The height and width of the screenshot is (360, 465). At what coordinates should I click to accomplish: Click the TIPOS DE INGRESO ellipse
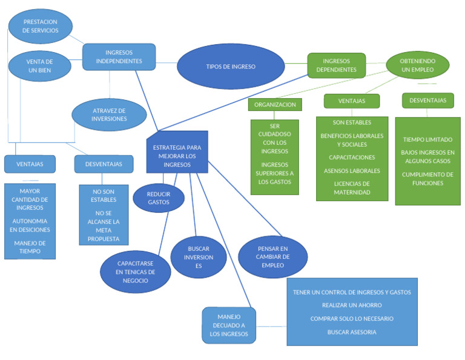(x=230, y=67)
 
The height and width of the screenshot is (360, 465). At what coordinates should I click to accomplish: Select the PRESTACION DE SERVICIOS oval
(x=41, y=26)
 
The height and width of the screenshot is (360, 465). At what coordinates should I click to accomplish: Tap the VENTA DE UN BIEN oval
(x=40, y=65)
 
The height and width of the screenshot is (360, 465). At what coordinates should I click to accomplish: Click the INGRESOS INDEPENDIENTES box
(x=119, y=57)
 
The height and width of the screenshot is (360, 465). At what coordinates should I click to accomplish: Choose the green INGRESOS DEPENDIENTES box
(x=336, y=65)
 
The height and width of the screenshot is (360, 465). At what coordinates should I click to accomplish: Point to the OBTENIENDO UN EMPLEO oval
(x=417, y=65)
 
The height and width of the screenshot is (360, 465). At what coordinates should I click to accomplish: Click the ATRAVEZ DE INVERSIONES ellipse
(x=109, y=115)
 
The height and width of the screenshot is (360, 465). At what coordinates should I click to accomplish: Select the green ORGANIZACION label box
(x=275, y=105)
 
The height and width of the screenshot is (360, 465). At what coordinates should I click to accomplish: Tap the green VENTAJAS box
(x=351, y=101)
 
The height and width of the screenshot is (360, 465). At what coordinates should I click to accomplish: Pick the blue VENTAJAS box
(x=30, y=164)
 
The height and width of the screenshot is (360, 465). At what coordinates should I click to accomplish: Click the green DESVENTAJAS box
(x=427, y=101)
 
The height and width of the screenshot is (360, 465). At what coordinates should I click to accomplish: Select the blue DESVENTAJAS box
(x=104, y=164)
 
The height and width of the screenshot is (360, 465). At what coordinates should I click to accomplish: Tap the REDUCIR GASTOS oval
(x=159, y=198)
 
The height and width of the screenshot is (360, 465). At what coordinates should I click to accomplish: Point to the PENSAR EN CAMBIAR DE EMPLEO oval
(x=273, y=257)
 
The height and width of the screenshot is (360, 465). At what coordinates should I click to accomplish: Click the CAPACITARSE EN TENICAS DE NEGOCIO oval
(x=136, y=272)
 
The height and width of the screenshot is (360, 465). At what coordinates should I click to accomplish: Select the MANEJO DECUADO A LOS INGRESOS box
(x=228, y=325)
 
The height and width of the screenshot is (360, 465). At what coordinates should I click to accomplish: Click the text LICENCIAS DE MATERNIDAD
(x=352, y=188)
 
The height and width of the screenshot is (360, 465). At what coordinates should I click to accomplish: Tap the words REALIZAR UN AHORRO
(x=352, y=305)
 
